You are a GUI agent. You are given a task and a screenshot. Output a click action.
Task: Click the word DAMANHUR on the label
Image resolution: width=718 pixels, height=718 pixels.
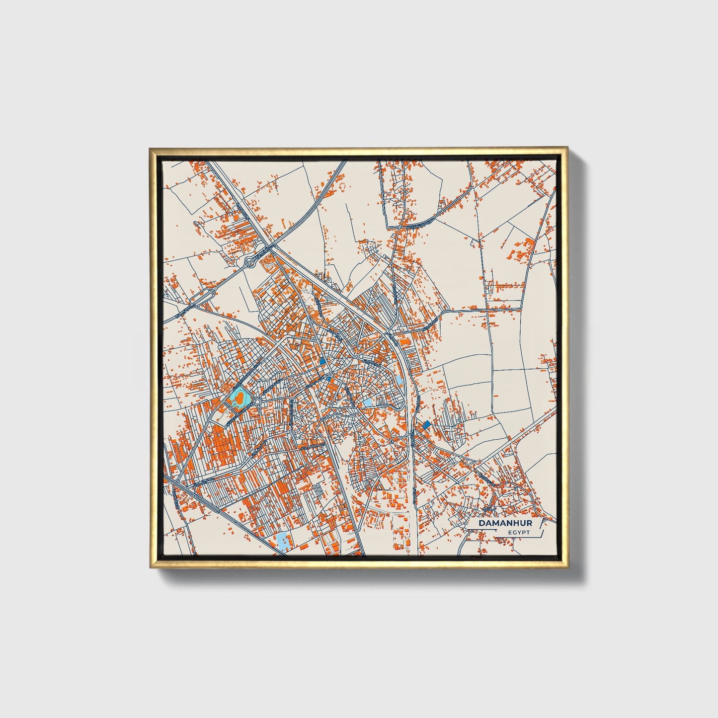pyautogui.click(x=505, y=523)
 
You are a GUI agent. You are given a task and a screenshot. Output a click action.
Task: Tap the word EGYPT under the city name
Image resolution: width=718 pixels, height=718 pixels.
pyautogui.click(x=519, y=533)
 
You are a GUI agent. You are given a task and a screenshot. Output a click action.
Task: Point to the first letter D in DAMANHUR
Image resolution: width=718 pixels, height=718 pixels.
pyautogui.click(x=481, y=523)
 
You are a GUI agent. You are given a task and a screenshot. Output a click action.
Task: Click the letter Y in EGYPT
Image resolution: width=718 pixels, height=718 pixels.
pyautogui.click(x=519, y=533)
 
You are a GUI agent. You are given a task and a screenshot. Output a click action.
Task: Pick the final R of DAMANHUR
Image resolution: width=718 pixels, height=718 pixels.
pyautogui.click(x=529, y=523)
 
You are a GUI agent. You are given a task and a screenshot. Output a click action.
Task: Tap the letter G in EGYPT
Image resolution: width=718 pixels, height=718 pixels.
pyautogui.click(x=515, y=533)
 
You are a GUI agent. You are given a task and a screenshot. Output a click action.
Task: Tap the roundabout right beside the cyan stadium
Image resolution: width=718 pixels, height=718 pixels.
pyautogui.click(x=258, y=400)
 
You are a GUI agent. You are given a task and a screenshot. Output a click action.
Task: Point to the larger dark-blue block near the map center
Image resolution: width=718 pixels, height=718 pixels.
pyautogui.click(x=323, y=362)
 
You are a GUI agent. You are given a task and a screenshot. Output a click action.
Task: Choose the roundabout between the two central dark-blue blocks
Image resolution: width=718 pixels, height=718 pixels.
pyautogui.click(x=329, y=374)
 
